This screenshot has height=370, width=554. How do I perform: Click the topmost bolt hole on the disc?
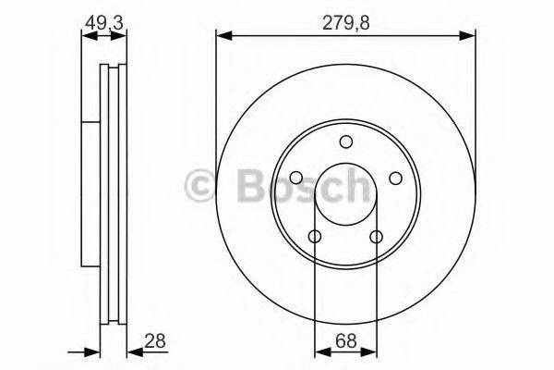point(345,142)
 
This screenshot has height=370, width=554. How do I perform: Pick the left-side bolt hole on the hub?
point(295,179)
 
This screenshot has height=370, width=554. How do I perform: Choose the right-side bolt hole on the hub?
point(395,179)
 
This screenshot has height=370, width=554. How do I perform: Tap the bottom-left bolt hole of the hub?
point(315,238)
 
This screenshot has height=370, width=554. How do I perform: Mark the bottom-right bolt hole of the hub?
point(376,238)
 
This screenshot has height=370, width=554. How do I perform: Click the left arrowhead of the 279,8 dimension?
point(222,36)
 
